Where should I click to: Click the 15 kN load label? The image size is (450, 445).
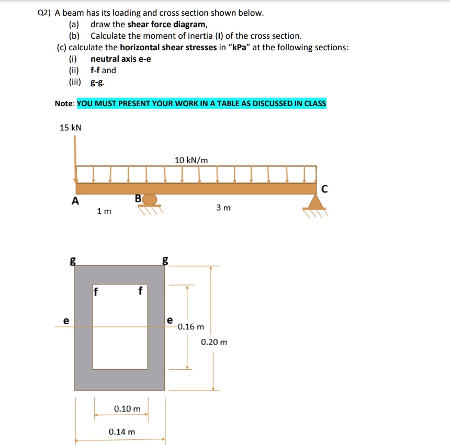(71, 128)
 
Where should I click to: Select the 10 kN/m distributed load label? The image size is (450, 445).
(191, 160)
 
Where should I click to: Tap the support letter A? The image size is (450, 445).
(76, 201)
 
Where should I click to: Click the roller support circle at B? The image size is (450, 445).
(150, 200)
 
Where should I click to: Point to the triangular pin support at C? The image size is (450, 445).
(315, 202)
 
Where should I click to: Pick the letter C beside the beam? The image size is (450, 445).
(325, 190)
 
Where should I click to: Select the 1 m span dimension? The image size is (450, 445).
(104, 211)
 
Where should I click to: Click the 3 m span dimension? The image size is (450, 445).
(223, 208)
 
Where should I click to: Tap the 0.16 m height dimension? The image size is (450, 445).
(191, 327)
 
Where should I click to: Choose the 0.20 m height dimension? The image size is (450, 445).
(215, 343)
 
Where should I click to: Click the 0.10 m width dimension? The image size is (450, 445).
(127, 408)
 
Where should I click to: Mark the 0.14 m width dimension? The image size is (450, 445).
(122, 432)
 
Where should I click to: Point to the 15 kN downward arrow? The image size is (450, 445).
(75, 157)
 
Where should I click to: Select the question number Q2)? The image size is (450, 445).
(46, 13)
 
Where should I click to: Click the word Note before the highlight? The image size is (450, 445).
(65, 104)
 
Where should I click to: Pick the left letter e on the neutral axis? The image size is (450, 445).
(65, 321)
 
